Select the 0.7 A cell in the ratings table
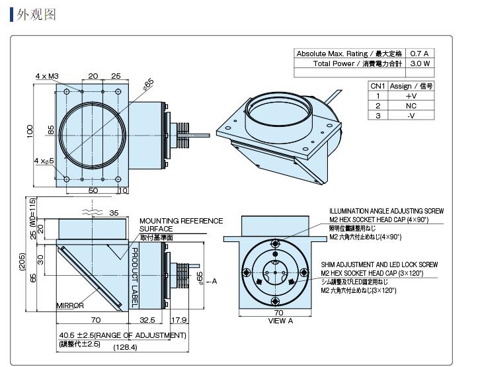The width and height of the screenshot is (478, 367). point(420,54)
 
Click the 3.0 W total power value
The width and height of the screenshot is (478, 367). point(420,63)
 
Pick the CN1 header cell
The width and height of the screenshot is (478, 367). point(378,86)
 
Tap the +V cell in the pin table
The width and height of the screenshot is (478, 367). point(411,96)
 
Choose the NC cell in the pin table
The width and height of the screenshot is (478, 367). point(411,106)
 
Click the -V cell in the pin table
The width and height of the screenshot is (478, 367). point(411,116)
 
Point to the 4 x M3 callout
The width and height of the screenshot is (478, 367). point(47,76)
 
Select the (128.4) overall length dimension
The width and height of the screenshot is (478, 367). point(126,347)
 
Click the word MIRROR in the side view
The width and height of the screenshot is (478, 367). point(70,306)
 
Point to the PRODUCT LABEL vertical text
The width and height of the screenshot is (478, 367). point(134,277)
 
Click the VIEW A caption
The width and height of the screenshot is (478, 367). point(280,321)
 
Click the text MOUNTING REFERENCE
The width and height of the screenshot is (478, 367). point(180,221)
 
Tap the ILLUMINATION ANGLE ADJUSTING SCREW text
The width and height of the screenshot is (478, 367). point(386,212)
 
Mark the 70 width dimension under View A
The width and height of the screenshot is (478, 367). point(278,313)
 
